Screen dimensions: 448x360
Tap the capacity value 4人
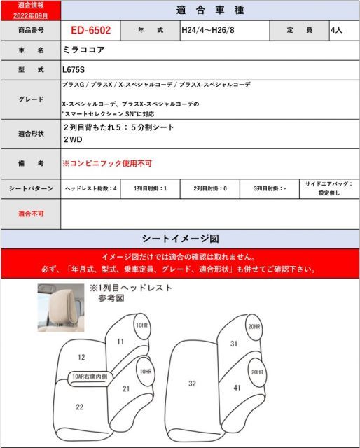coord(337,31)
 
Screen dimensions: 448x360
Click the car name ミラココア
coord(81,51)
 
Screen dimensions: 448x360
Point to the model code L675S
coord(73,71)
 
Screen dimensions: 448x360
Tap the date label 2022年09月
coord(30,15)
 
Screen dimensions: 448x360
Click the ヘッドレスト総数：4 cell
coord(91,189)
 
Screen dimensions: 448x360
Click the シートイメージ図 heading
coord(180,238)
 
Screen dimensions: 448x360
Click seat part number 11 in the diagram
coord(120,342)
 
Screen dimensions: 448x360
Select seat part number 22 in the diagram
coord(79,407)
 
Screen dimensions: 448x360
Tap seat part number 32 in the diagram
coord(193,384)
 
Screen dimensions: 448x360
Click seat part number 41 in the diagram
coord(237,387)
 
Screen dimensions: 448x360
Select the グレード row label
coord(30,99)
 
